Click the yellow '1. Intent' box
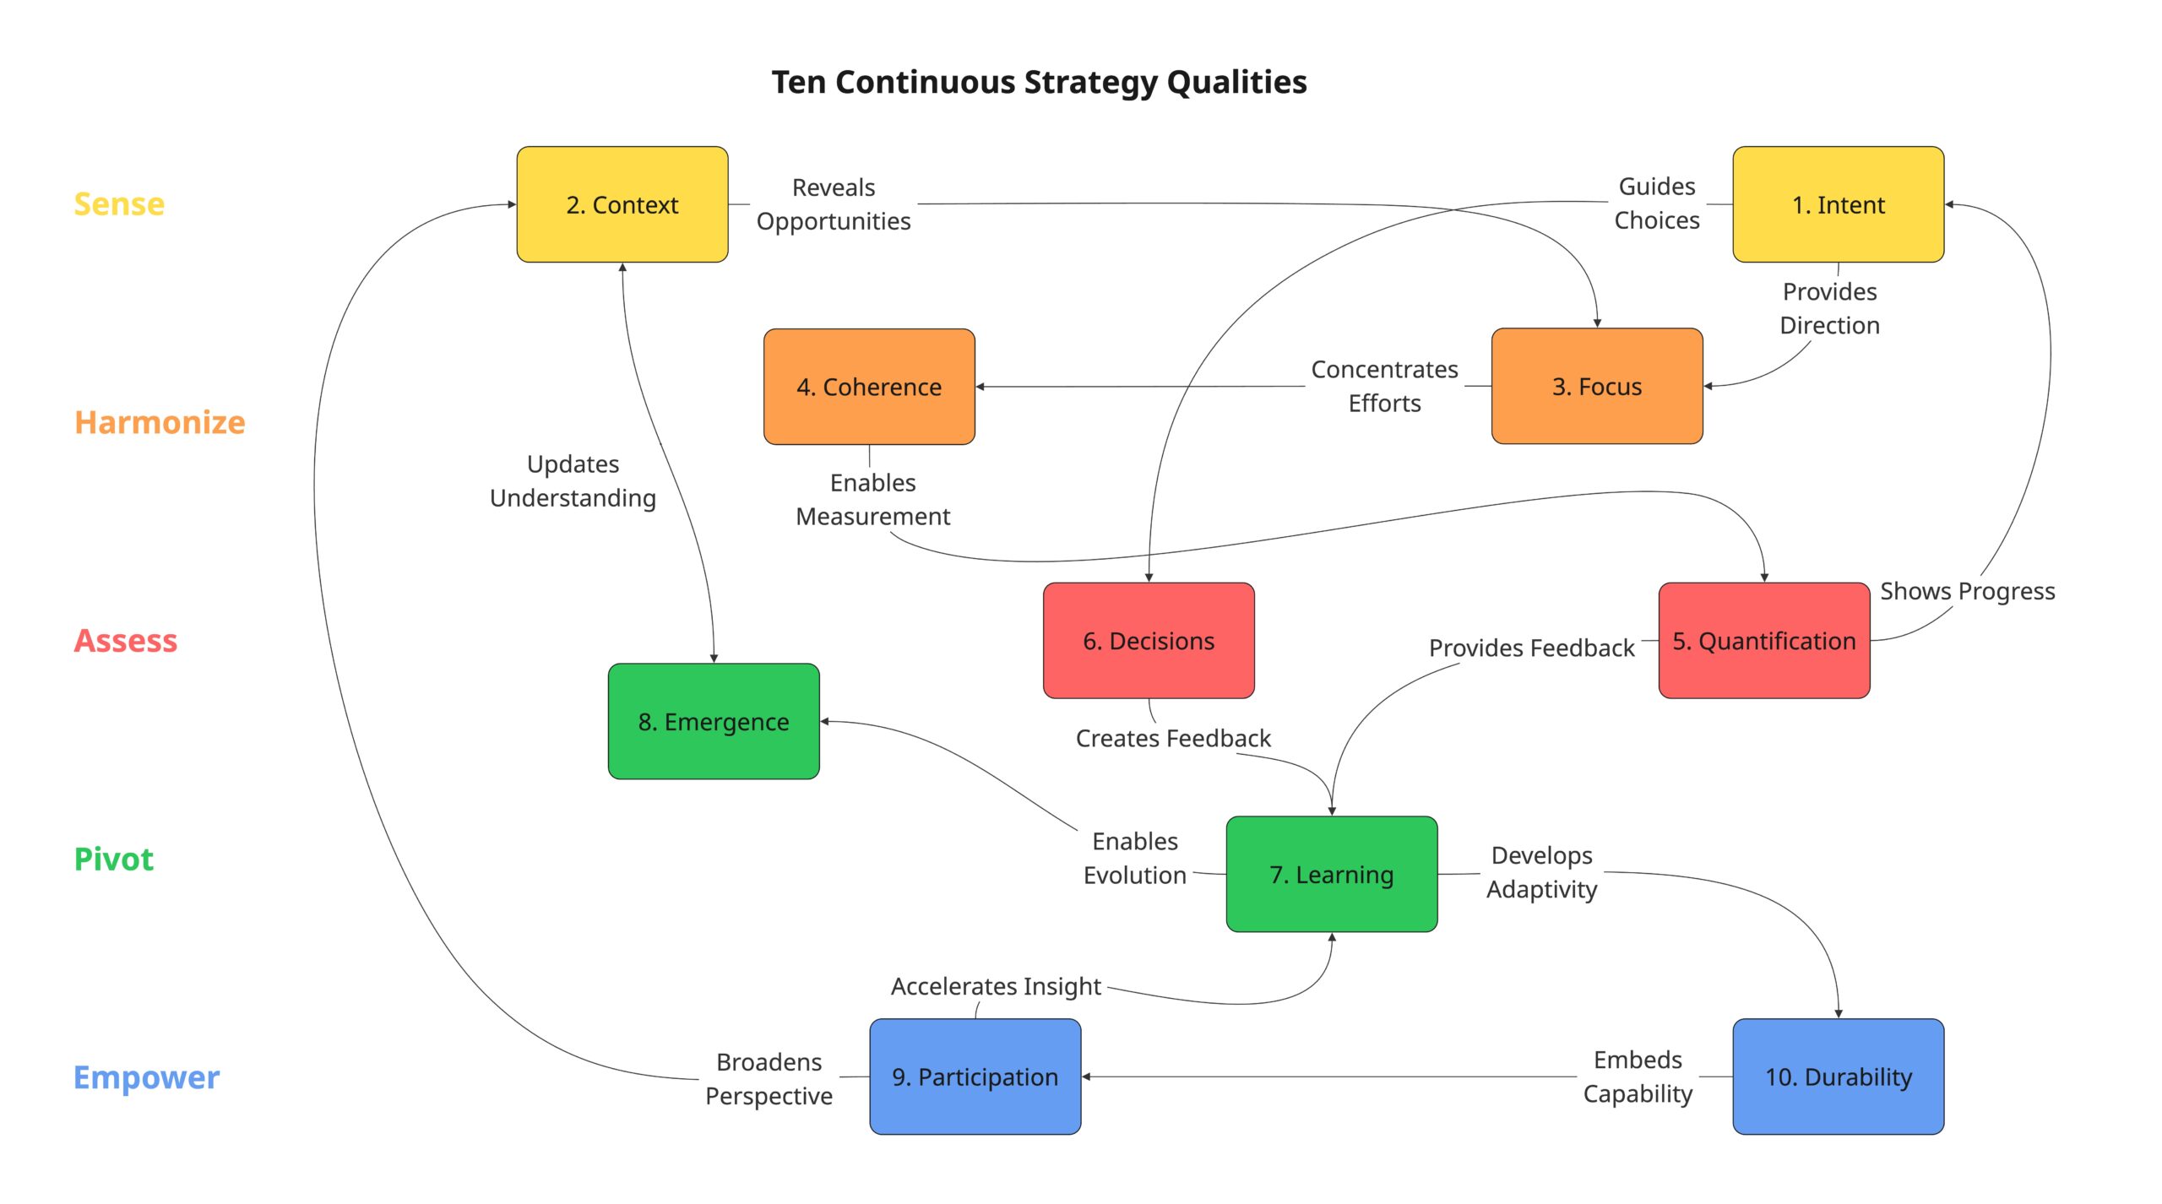[x=1838, y=204]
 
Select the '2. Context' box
[x=622, y=204]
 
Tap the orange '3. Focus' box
[x=1596, y=387]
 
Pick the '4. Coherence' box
[x=869, y=387]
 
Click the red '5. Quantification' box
[x=1763, y=641]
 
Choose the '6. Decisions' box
[x=1149, y=641]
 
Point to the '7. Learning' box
[x=1331, y=875]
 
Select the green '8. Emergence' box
[x=714, y=722]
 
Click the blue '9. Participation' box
[x=975, y=1077]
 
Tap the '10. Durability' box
[x=1838, y=1077]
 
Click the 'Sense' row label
[x=119, y=204]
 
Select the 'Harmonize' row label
[x=160, y=422]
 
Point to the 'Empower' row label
[x=146, y=1077]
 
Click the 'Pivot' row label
[x=114, y=860]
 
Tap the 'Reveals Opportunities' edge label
[x=834, y=204]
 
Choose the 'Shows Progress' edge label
[x=1967, y=591]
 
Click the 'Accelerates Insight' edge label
[x=996, y=986]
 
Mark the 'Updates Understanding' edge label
[x=573, y=481]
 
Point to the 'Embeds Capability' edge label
[x=1638, y=1077]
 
